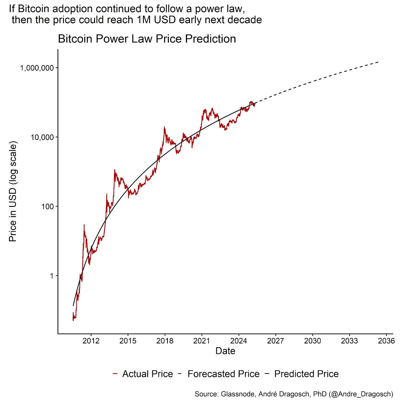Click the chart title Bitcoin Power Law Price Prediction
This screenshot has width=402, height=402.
tap(147, 39)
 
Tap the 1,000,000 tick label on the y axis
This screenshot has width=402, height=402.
tap(37, 68)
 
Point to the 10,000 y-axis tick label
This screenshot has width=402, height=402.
tap(42, 137)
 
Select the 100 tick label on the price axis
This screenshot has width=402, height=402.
tap(47, 207)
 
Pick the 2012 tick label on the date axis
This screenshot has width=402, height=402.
tap(91, 341)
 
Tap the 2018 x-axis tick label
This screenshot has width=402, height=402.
tap(165, 341)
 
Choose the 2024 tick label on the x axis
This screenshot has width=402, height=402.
tap(239, 341)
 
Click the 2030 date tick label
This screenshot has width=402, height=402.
tap(313, 341)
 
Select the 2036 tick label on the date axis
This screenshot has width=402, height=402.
tap(386, 341)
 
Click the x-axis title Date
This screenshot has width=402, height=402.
tap(225, 351)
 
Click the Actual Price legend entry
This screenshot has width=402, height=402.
tap(147, 374)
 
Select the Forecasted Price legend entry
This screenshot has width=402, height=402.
tap(223, 374)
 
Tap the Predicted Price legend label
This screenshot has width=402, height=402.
tap(306, 374)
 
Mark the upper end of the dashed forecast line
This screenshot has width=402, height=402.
tap(378, 62)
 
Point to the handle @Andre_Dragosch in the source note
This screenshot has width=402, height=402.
tap(361, 394)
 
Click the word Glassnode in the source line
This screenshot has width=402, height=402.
tap(237, 394)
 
